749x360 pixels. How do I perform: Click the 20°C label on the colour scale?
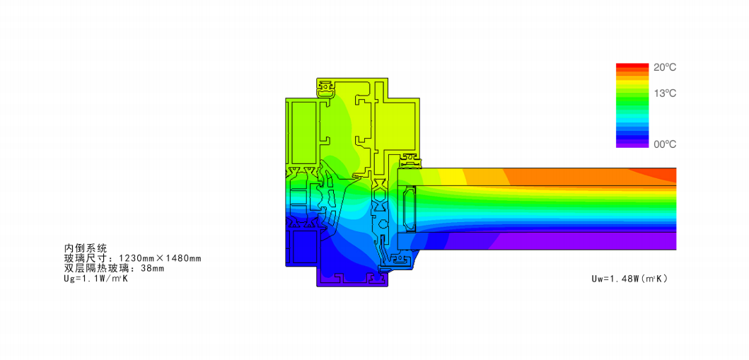665,68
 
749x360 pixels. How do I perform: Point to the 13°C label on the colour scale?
665,93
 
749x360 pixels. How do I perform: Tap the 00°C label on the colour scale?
665,144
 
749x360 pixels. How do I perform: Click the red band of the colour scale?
632,65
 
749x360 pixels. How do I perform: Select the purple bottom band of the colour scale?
632,145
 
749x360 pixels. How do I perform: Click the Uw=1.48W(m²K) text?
629,279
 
